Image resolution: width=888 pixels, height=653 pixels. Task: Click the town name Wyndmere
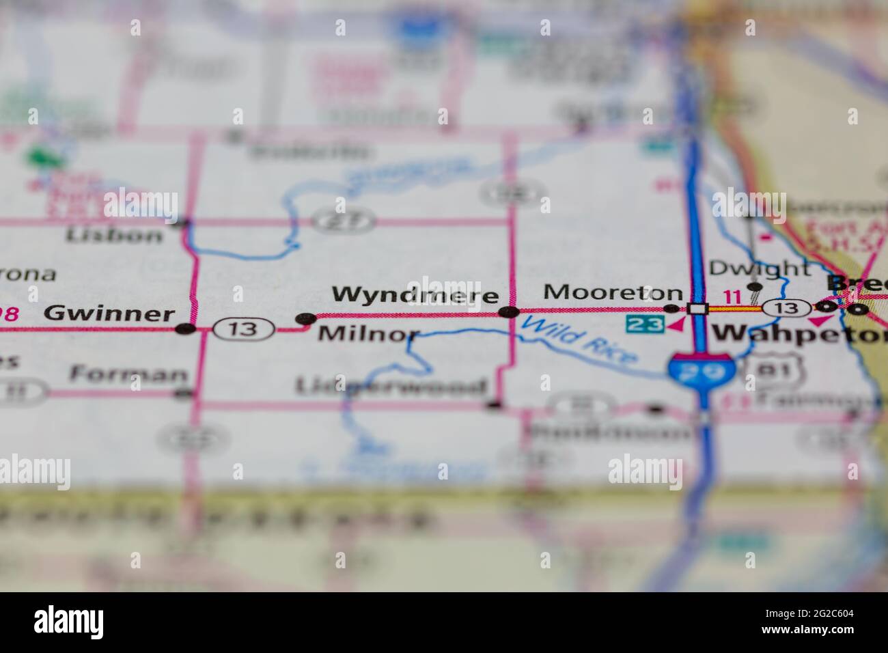click(415, 294)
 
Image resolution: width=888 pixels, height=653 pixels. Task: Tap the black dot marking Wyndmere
click(509, 313)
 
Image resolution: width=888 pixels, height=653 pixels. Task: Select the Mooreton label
click(613, 293)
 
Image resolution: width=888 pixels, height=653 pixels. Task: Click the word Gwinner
click(109, 314)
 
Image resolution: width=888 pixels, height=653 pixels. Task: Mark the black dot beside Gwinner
click(184, 329)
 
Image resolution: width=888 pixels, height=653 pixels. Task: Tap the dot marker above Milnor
click(305, 318)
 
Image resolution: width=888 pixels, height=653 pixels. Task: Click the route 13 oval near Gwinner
click(243, 329)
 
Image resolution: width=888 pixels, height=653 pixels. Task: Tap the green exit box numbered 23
click(646, 324)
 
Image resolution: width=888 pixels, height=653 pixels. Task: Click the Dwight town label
click(758, 268)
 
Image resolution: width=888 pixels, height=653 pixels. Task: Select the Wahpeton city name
click(799, 334)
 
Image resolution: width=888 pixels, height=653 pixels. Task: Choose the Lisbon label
click(114, 236)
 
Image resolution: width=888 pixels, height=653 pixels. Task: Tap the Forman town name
click(128, 374)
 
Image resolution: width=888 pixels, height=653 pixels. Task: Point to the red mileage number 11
click(732, 297)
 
